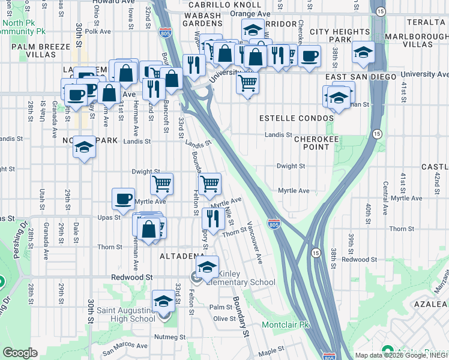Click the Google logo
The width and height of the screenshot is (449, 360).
point(20,353)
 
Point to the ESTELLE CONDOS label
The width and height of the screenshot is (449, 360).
point(295,118)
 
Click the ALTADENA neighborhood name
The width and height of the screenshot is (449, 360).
point(182,256)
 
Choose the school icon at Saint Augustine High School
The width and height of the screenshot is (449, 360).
point(163,302)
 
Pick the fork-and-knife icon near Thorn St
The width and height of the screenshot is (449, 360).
point(213,218)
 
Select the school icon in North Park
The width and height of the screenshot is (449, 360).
point(85,148)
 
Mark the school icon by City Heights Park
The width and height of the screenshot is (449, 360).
point(363,53)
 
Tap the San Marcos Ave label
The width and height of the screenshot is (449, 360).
point(124,346)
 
